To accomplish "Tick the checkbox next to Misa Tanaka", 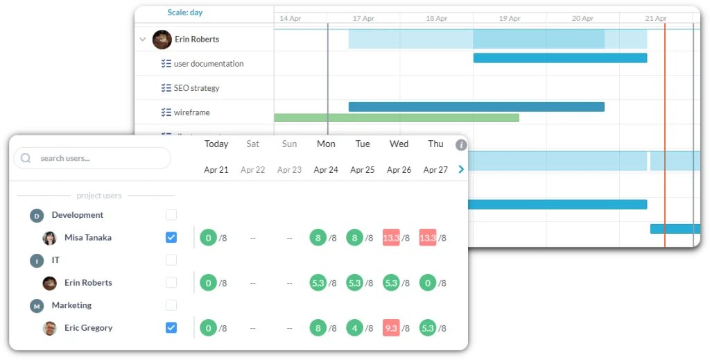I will click(x=171, y=237).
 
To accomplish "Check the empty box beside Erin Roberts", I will click(x=171, y=282).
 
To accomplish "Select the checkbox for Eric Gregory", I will click(x=171, y=327).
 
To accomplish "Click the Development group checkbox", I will click(x=171, y=215).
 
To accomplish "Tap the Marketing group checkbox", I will click(x=171, y=305).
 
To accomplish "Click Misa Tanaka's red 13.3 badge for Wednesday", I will click(x=391, y=238).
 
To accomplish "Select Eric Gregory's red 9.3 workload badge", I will click(x=391, y=328).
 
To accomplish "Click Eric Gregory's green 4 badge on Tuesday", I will click(x=355, y=328).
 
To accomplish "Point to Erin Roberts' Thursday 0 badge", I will click(x=428, y=283).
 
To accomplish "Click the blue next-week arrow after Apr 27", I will click(x=461, y=169).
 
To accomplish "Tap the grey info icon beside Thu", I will click(x=461, y=145).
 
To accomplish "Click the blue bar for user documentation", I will click(x=560, y=58).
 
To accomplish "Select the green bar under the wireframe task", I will click(x=397, y=118).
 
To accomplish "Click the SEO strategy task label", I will click(x=196, y=88).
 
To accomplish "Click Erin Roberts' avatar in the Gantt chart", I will click(x=162, y=40).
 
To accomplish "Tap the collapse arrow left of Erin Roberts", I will click(x=142, y=40).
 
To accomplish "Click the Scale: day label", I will click(x=185, y=12).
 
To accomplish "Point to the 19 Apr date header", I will click(x=510, y=18).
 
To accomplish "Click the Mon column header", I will click(x=326, y=144).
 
